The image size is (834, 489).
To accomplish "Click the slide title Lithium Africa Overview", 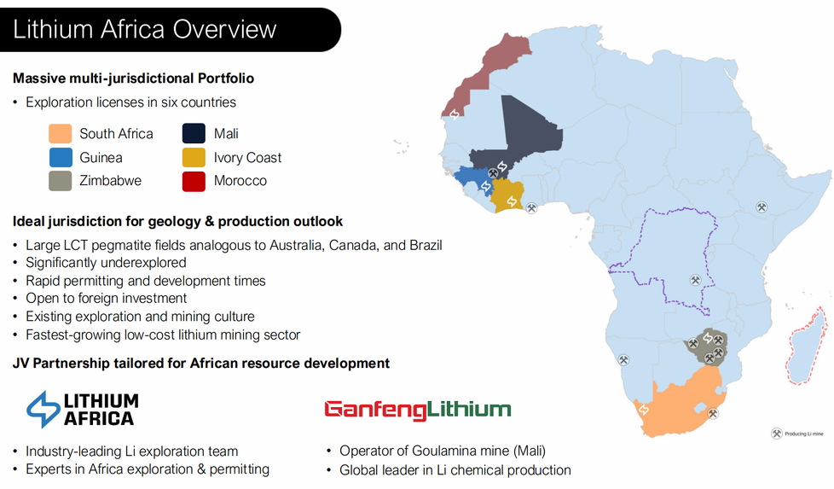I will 145,29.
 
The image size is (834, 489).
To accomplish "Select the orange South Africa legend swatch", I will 60,134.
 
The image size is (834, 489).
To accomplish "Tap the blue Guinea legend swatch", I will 60,158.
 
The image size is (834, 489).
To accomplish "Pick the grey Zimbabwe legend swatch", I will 60,181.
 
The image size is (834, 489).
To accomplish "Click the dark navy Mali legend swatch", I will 193,134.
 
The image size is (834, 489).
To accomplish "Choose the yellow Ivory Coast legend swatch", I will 193,158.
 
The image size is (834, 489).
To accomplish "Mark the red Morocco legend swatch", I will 193,181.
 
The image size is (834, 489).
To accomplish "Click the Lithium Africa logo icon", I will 43,409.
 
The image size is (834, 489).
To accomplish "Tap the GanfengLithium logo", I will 417,410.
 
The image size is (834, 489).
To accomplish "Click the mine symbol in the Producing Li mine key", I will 776,434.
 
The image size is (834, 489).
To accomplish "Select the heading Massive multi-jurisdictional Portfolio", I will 133,79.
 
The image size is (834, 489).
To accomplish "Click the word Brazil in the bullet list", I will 422,245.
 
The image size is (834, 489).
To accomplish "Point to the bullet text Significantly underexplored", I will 106,263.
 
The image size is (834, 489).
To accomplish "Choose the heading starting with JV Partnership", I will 201,364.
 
